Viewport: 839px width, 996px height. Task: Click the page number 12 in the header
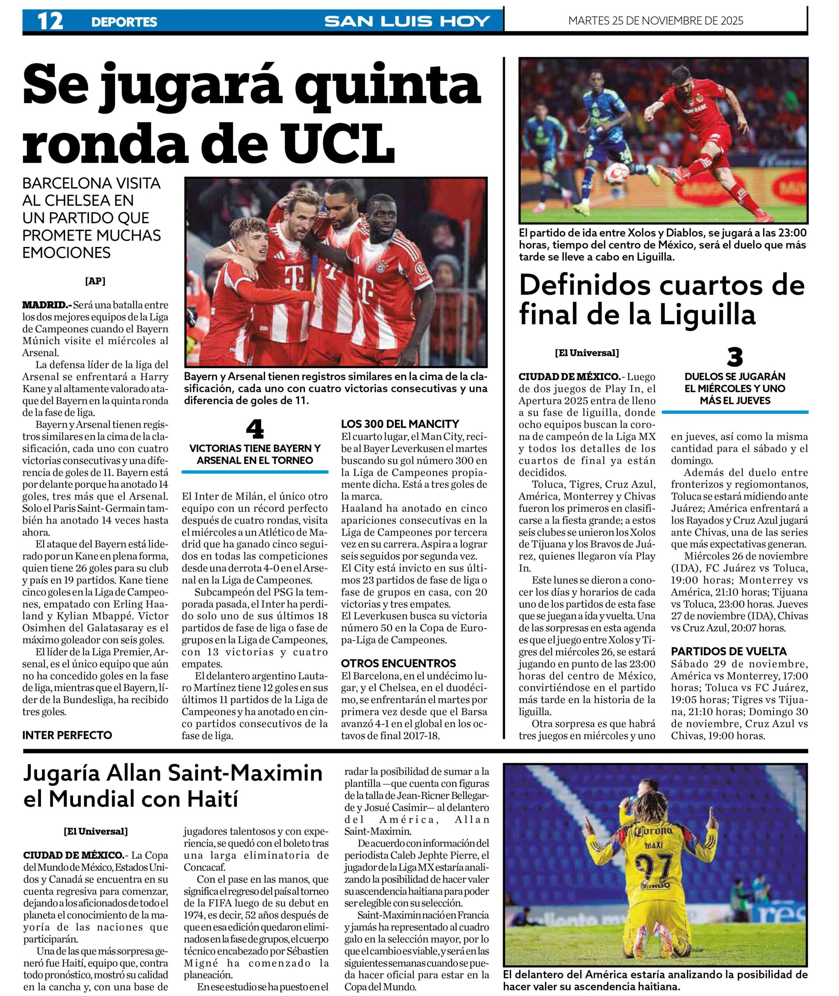tap(50, 21)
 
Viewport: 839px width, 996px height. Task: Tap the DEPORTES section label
tap(124, 22)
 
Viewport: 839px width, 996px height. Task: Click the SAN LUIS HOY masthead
tap(407, 21)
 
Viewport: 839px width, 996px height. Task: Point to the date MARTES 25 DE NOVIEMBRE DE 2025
tap(655, 21)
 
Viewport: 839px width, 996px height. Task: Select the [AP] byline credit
tap(95, 281)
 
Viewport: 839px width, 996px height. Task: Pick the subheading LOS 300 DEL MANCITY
tap(400, 424)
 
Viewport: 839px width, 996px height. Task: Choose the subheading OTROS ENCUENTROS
tap(398, 663)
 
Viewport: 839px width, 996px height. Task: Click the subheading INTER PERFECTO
tap(67, 735)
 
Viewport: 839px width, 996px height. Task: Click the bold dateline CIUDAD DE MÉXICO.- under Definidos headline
tap(569, 377)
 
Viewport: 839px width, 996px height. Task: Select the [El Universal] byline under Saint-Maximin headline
tap(96, 831)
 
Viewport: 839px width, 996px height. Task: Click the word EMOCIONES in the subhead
tap(66, 253)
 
